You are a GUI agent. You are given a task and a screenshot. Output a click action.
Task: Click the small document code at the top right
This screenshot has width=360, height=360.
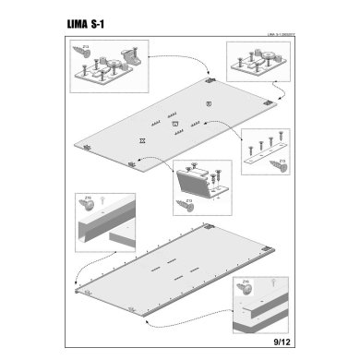[x=276, y=37]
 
